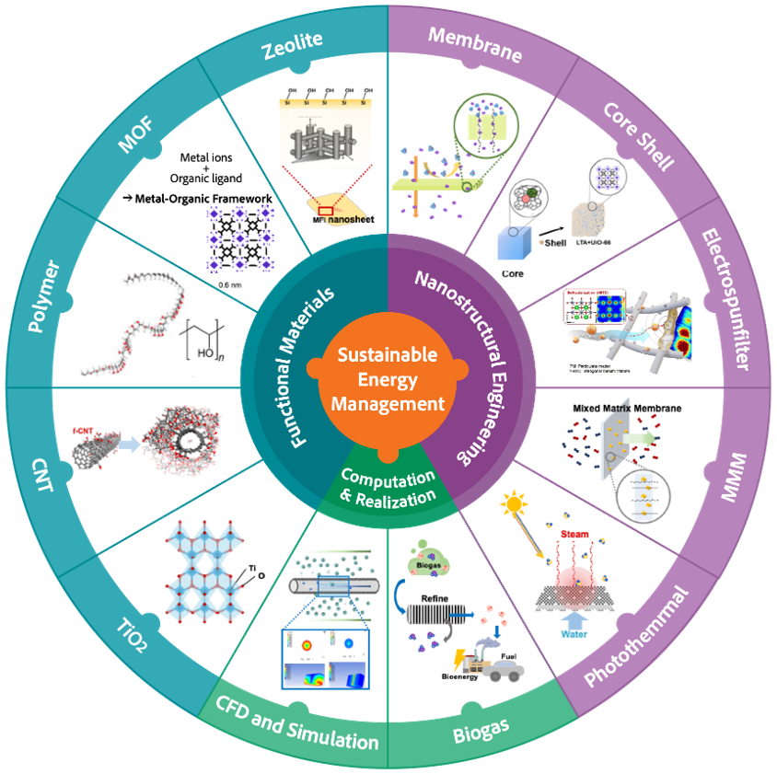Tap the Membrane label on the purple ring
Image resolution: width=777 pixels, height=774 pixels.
point(476,46)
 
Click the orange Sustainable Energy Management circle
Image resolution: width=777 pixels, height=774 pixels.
point(388,379)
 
